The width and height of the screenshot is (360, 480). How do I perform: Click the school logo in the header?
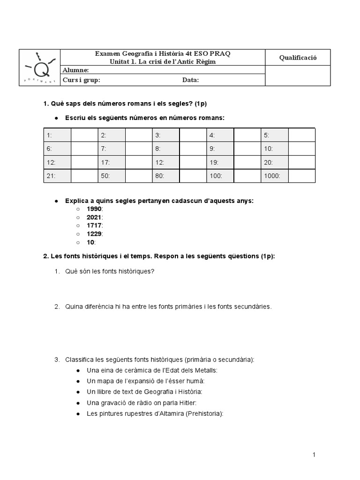coord(40,68)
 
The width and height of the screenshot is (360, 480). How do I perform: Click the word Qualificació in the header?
coord(298,58)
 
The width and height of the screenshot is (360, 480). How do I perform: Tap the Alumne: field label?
coord(75,70)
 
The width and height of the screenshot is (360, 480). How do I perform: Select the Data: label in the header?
coord(190,80)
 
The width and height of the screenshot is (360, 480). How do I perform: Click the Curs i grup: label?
coord(82,80)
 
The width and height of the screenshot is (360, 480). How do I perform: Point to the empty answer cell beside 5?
coord(301,135)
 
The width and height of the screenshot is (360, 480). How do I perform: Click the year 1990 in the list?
coord(94,209)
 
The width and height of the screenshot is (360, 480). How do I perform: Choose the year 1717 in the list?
coord(94,225)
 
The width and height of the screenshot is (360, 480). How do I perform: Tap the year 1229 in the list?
coord(94,234)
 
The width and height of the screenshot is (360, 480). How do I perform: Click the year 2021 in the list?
coord(94,217)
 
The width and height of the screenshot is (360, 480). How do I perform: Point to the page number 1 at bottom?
coord(315,455)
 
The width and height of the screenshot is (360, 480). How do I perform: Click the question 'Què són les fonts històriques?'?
coord(110,271)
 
